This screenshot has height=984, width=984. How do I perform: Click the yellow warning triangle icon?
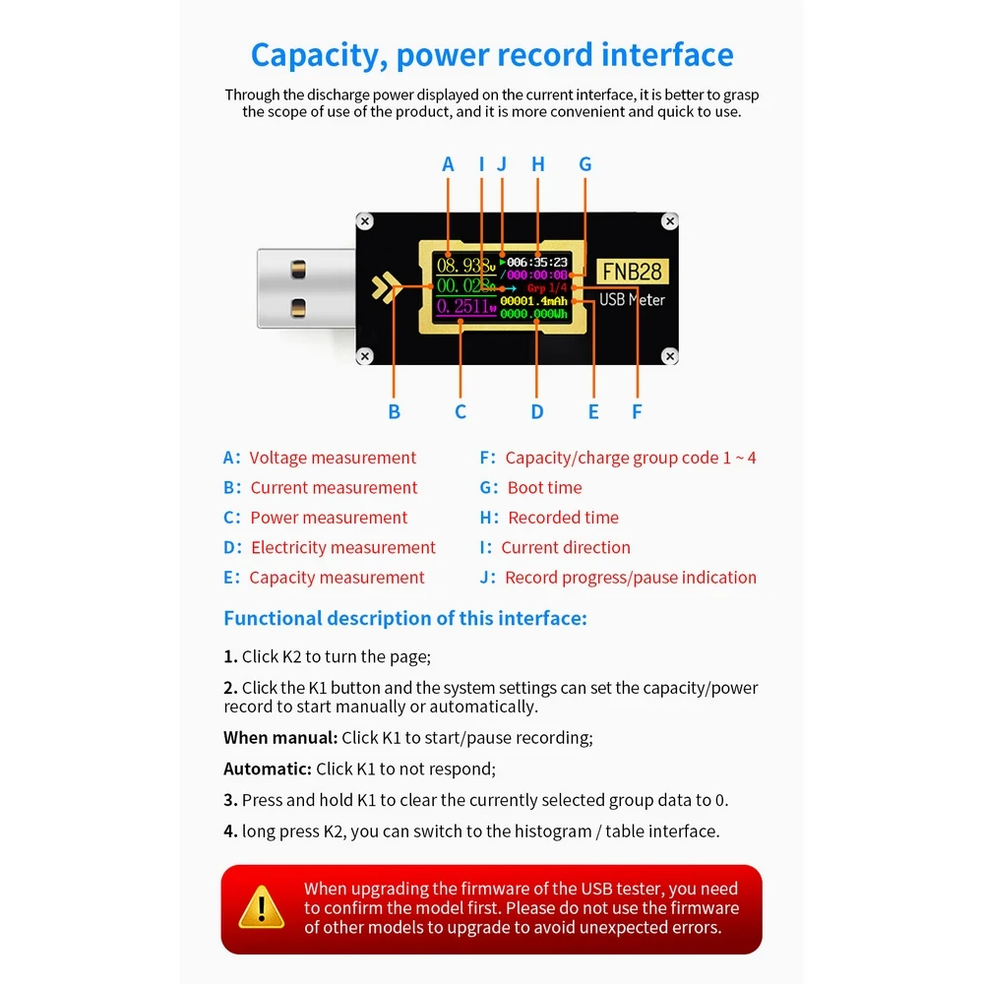click(x=262, y=906)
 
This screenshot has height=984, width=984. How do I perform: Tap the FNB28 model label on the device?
click(x=632, y=271)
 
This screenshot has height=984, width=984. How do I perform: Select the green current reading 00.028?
click(x=462, y=285)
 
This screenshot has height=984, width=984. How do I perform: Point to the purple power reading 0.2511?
click(x=461, y=307)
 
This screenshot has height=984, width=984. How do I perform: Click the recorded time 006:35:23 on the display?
click(x=536, y=263)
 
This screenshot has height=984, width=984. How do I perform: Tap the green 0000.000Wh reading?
click(x=534, y=313)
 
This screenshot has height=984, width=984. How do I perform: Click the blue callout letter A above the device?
click(x=449, y=164)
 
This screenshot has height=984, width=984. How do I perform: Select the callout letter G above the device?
click(x=585, y=164)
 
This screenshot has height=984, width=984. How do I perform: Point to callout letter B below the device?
click(x=395, y=412)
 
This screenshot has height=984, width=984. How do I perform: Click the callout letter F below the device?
click(x=637, y=412)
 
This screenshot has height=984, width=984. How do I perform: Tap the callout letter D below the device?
click(x=537, y=412)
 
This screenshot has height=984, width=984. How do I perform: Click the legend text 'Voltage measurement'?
click(x=333, y=458)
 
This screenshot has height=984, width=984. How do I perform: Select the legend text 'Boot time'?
click(x=544, y=487)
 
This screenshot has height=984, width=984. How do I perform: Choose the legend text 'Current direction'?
click(x=566, y=547)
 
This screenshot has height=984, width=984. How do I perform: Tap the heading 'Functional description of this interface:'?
click(x=405, y=618)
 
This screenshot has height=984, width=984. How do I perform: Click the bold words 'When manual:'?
click(x=280, y=737)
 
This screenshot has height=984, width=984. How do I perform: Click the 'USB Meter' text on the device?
click(x=632, y=299)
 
